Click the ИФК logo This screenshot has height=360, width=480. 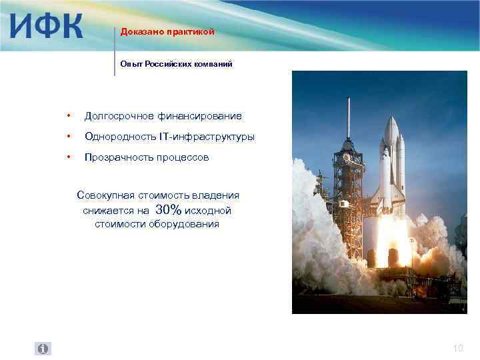45,26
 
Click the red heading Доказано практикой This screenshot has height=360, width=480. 167,31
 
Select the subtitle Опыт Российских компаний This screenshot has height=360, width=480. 176,63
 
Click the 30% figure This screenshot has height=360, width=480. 167,210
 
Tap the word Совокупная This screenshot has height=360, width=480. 105,195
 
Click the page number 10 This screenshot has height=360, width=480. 457,348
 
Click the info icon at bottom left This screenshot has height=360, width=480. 43,349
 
